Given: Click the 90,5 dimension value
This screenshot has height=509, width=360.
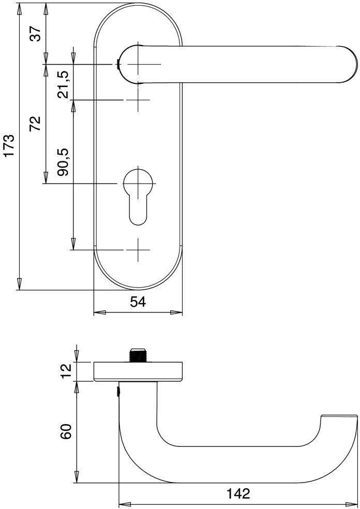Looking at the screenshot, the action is (63, 162).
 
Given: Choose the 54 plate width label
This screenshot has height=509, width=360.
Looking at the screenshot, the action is (138, 302).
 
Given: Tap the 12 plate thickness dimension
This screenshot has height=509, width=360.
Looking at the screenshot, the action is (66, 371).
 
